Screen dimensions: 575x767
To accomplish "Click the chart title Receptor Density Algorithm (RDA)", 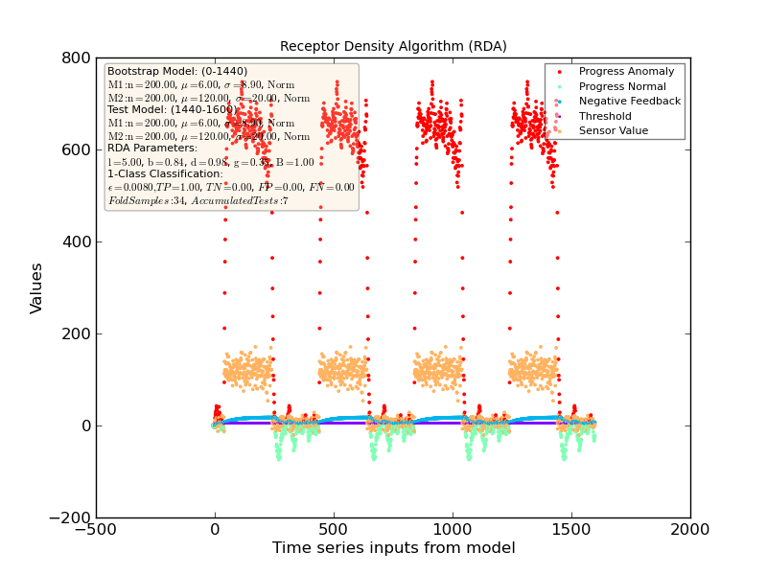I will (x=393, y=46).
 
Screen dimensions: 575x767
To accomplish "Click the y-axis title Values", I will (x=36, y=287).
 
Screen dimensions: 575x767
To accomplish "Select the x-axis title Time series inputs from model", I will (x=393, y=548).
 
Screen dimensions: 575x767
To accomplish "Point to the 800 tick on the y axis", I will (x=76, y=57).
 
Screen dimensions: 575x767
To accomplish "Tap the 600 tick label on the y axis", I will (x=76, y=149).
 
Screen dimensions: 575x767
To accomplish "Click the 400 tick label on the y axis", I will (x=76, y=241).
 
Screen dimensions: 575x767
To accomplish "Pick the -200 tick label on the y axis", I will (x=70, y=517).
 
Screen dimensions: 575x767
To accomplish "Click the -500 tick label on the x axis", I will (x=96, y=530).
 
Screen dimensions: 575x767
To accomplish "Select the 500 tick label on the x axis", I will (x=334, y=530).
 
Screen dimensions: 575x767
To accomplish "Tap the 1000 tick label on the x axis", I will (x=453, y=530).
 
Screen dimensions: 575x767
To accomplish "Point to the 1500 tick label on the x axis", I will (x=571, y=530).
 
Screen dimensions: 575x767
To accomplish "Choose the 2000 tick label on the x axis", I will (x=690, y=530).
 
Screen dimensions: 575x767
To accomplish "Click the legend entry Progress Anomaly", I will (x=626, y=71).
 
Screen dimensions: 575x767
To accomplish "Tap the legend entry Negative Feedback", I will (x=630, y=101).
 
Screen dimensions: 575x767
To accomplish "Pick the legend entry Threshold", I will (x=606, y=116).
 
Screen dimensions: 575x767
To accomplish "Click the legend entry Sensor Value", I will (x=614, y=130).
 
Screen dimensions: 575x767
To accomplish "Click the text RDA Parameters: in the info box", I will (x=152, y=149).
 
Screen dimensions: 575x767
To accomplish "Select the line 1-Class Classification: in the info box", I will (x=165, y=174).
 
